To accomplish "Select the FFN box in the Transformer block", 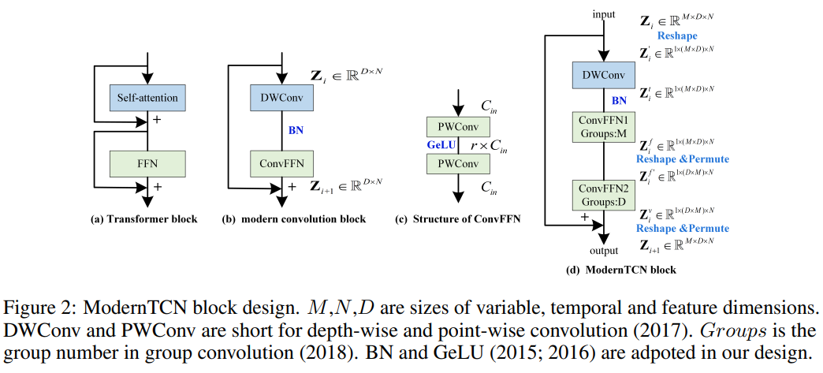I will [147, 163].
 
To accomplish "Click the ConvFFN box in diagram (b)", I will [281, 163].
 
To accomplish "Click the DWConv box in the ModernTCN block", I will [604, 76].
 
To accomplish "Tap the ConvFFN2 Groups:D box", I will [604, 194].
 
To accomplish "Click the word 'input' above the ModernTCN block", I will [603, 15].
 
